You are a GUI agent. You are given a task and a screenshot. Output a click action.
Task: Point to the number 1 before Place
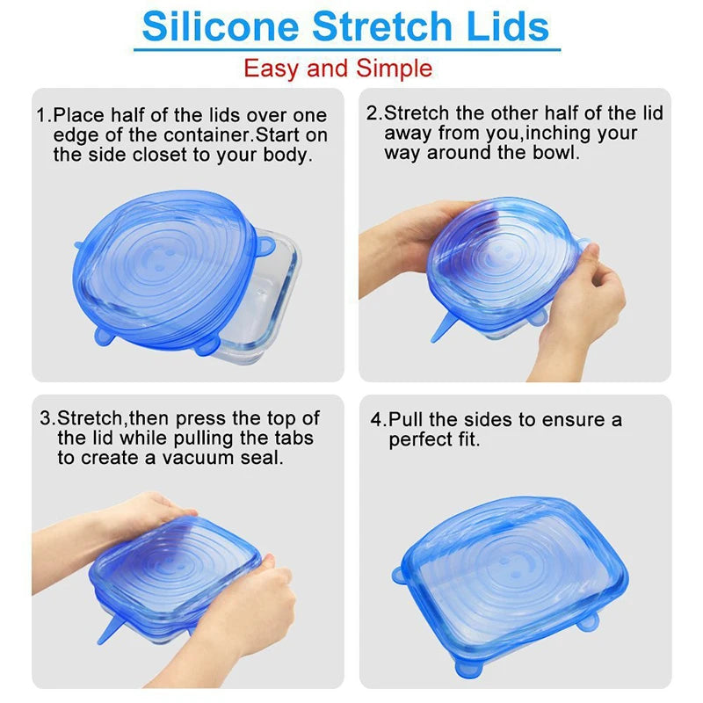(40, 116)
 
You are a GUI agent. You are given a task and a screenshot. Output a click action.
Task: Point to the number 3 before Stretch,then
(45, 418)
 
